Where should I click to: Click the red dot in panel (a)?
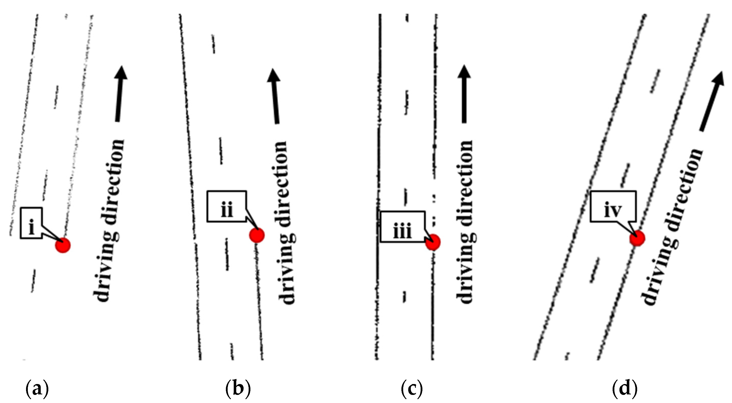[62, 245]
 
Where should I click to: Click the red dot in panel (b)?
[257, 235]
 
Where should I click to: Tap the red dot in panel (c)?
[433, 242]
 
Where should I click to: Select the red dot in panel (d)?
[637, 238]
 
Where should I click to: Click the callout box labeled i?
[31, 223]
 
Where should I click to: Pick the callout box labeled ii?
[226, 206]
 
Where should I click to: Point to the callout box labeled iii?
[403, 227]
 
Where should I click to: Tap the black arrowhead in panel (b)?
[273, 75]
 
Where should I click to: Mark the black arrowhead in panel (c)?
[464, 71]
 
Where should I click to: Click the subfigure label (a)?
[37, 389]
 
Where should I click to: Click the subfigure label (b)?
[238, 389]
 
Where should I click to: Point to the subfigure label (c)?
[412, 389]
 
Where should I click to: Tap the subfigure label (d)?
[625, 389]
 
